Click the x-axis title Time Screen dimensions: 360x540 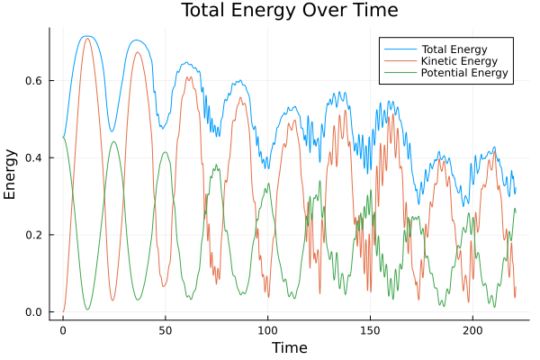289,347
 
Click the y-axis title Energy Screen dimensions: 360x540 12,175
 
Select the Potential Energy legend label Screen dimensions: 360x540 465,73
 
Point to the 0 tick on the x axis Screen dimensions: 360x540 63,330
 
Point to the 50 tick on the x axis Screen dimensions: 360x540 166,330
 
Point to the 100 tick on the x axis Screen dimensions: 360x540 267,330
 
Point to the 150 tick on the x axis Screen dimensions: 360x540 370,330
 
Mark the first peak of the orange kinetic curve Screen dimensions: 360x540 87,38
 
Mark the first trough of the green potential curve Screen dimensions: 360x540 87,310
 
